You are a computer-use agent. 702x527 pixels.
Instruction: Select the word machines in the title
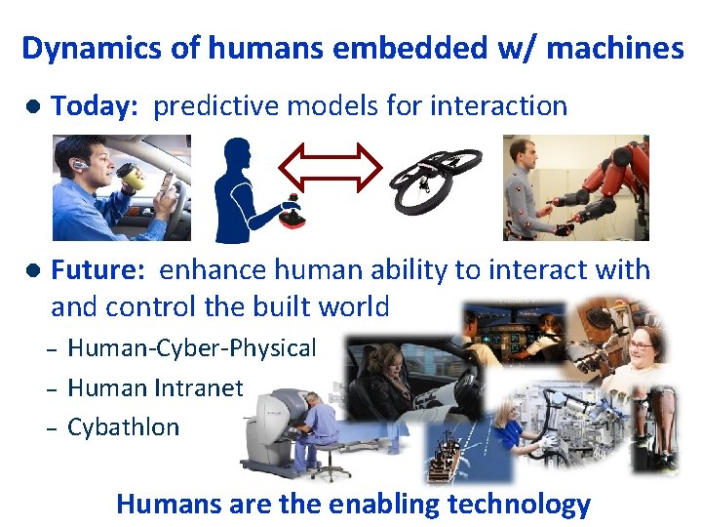click(615, 48)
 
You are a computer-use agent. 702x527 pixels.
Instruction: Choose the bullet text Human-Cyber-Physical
click(191, 348)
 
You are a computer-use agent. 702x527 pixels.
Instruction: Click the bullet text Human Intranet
click(155, 387)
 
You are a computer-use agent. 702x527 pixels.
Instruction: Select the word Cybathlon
click(123, 426)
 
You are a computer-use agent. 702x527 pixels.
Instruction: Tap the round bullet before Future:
click(32, 270)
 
